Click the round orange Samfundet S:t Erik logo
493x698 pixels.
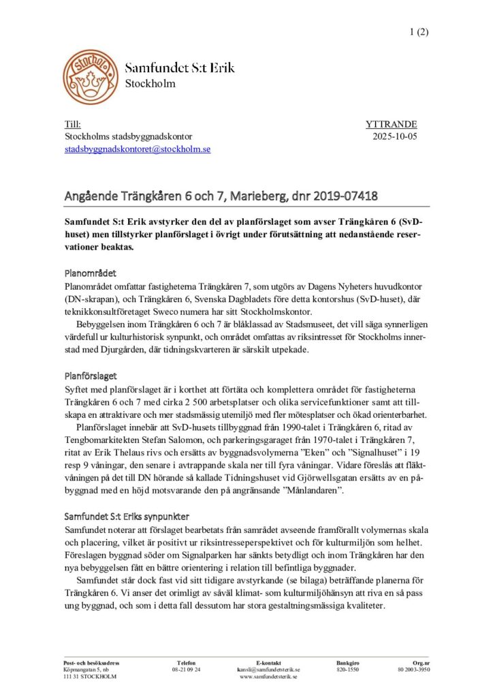89,76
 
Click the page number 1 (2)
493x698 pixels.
419,31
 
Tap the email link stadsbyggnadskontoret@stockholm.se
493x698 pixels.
137,149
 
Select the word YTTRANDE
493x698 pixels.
392,125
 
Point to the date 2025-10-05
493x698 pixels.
396,137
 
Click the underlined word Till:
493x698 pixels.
72,125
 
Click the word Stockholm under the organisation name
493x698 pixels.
150,84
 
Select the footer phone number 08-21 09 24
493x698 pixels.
186,670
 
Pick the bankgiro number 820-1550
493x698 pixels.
348,670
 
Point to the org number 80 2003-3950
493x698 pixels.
414,670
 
